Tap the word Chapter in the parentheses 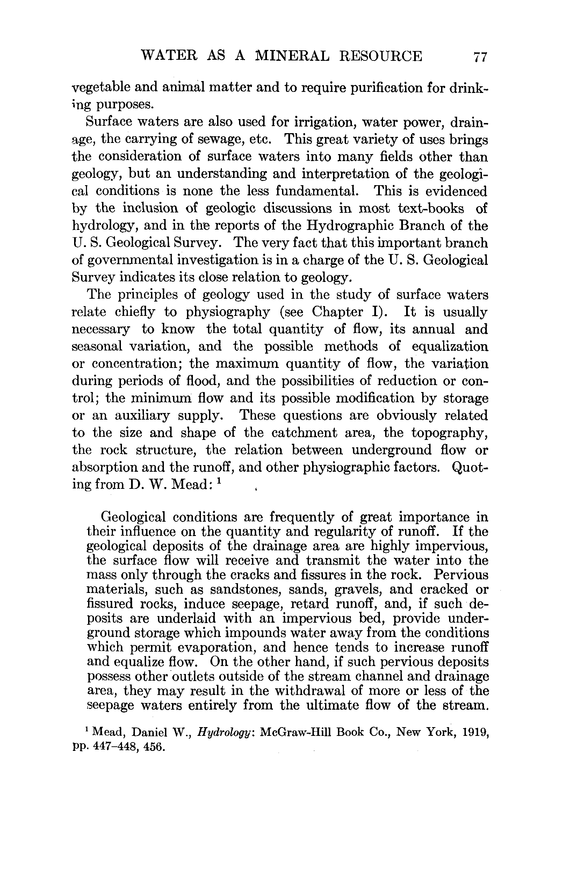tap(337, 312)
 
